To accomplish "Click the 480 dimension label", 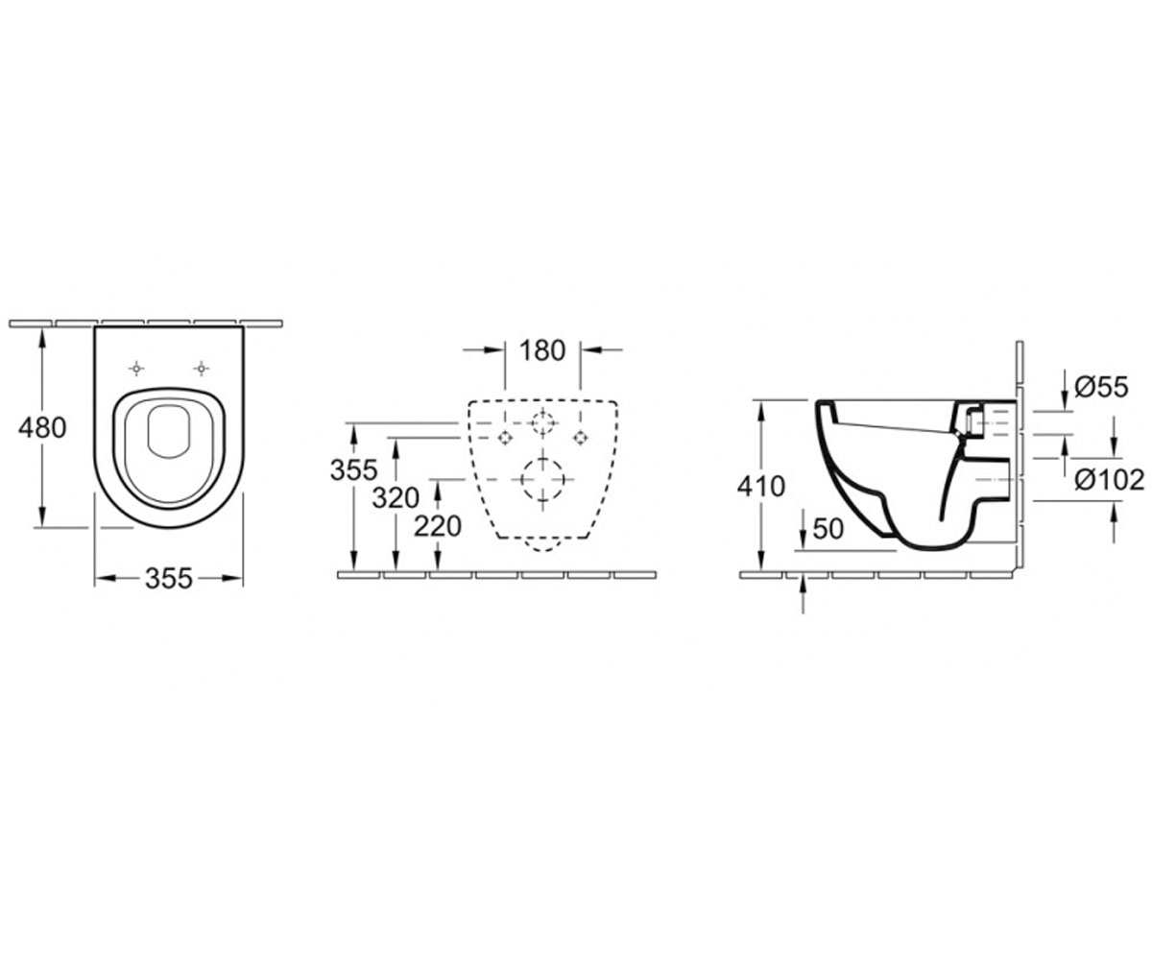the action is tap(42, 427).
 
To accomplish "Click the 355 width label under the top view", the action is tap(169, 579).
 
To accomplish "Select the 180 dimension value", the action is tap(542, 350).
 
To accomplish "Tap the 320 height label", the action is tap(396, 498).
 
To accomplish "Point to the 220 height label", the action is tap(438, 526).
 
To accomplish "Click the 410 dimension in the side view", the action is tap(761, 487).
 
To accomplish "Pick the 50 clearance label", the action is tap(828, 529).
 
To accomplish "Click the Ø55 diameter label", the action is tap(1101, 387).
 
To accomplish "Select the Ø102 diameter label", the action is tap(1110, 480).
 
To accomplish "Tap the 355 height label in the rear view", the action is tap(353, 470).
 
